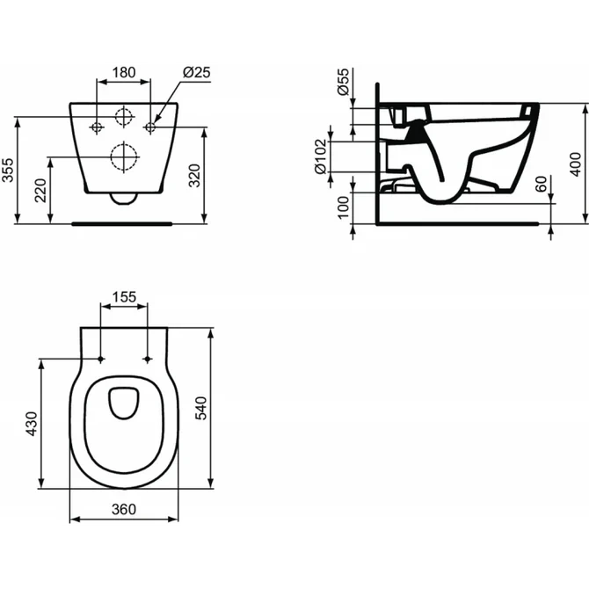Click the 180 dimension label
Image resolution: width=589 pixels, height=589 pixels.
[123, 72]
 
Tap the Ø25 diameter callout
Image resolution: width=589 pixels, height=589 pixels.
[196, 72]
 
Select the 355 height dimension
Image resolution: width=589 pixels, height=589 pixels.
[10, 169]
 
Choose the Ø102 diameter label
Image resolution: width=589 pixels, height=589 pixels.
[322, 156]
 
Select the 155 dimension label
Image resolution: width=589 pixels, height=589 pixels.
[124, 297]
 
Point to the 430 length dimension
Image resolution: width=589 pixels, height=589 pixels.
[32, 423]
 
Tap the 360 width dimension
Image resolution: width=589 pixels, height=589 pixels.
[123, 507]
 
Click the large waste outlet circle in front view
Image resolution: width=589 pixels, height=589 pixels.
[124, 157]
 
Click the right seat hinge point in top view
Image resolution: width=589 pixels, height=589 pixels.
[147, 359]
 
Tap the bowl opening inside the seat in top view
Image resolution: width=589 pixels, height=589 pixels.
[124, 402]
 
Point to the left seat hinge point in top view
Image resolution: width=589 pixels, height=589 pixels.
[101, 359]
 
